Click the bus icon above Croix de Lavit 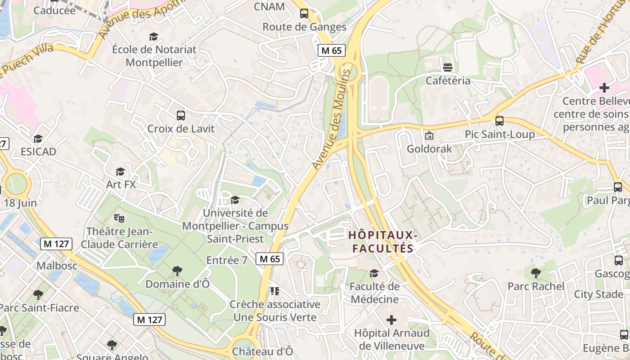tap(181, 116)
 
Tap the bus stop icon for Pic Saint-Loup tap(499, 121)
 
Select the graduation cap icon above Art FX tap(120, 171)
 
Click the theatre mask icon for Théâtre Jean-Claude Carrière tap(119, 218)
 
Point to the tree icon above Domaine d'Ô tap(177, 271)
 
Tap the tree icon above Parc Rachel tap(535, 273)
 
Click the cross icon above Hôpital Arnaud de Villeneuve tap(391, 320)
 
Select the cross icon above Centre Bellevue tap(604, 87)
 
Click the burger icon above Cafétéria tap(448, 67)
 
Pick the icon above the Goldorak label tap(429, 135)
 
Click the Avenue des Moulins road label tap(332, 119)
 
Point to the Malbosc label tap(54, 265)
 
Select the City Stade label tap(598, 294)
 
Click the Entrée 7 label tap(227, 260)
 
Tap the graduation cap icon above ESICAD tap(38, 139)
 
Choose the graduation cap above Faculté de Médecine tap(374, 273)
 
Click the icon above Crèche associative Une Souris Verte tap(274, 291)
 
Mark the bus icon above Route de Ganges tap(304, 13)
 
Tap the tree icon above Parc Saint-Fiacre tap(38, 295)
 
